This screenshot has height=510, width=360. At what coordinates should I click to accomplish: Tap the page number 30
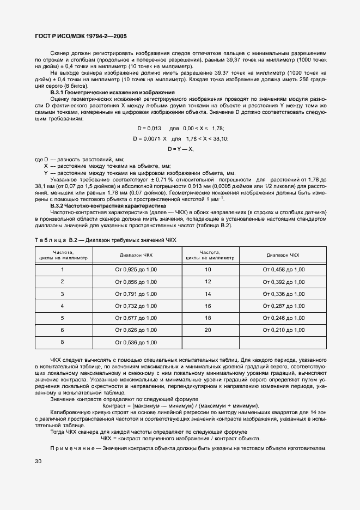coord(38,461)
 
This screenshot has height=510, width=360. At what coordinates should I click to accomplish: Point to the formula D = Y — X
coord(180,149)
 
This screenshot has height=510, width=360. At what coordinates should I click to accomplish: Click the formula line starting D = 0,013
coord(180,128)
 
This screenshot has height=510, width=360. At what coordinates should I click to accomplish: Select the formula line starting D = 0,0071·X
coord(180,138)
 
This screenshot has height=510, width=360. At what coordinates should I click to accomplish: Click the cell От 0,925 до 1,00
coord(136,269)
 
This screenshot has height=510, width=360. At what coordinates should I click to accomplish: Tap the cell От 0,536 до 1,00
coord(136,342)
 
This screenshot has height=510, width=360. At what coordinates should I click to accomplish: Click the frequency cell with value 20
coord(208,330)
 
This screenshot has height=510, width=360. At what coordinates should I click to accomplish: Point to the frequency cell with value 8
coord(62,342)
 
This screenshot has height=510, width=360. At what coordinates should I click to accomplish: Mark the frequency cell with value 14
coord(208,294)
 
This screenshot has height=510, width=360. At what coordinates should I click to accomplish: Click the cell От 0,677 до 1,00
coord(136,318)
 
